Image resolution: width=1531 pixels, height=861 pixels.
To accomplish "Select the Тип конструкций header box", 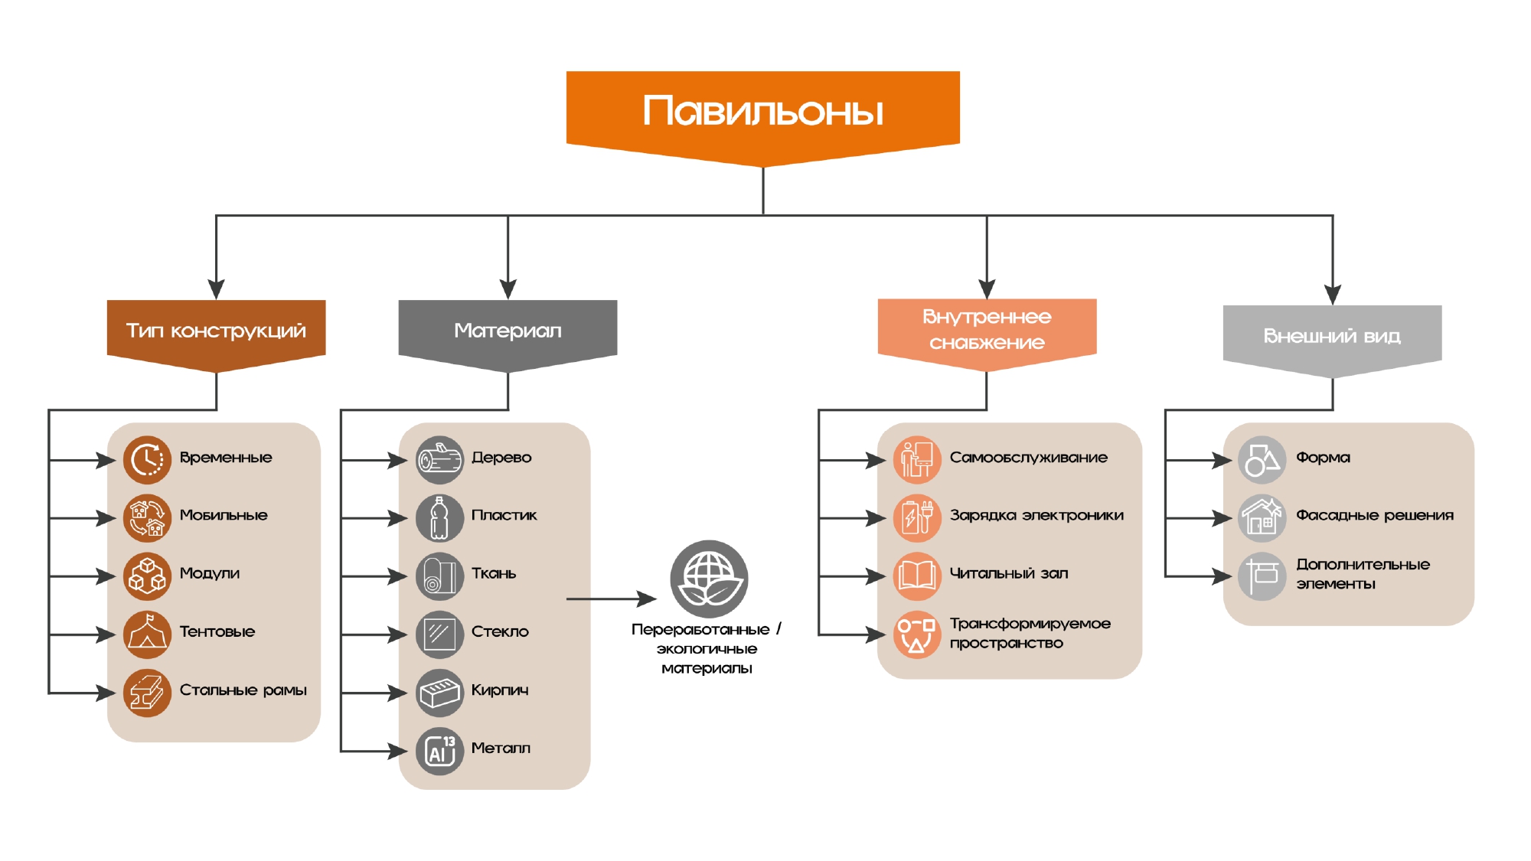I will point(216,331).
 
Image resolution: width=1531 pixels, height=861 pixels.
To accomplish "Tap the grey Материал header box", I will point(508,331).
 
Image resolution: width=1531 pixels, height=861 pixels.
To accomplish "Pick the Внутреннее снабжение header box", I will point(987,330).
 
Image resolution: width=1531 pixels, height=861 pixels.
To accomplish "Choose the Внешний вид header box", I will point(1332,336).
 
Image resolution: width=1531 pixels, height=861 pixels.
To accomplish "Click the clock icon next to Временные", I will point(147,460).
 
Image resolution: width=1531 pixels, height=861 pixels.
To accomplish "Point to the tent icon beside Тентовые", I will point(147,634).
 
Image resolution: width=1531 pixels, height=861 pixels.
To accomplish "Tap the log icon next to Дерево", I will point(439,460).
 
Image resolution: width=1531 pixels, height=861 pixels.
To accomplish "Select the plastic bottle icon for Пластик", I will point(439,518).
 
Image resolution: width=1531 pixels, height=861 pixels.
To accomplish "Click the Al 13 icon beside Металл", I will point(439,751).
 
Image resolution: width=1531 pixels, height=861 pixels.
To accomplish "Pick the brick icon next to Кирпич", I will point(439,693).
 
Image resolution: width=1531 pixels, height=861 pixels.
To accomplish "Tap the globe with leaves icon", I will point(709,579).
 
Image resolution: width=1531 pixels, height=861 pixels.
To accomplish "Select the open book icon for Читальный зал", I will point(916,576).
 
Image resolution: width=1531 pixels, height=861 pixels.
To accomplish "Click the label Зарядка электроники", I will point(1036,515).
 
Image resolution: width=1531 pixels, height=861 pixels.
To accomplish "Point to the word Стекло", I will point(500,631).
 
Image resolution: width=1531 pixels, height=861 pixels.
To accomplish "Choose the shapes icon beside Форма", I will point(1262,460).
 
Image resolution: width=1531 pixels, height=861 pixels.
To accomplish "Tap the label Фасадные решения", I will point(1374,515).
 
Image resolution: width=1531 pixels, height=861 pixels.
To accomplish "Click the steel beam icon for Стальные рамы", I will point(147,693).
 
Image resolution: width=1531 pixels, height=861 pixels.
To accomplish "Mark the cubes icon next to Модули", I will point(147,576).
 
